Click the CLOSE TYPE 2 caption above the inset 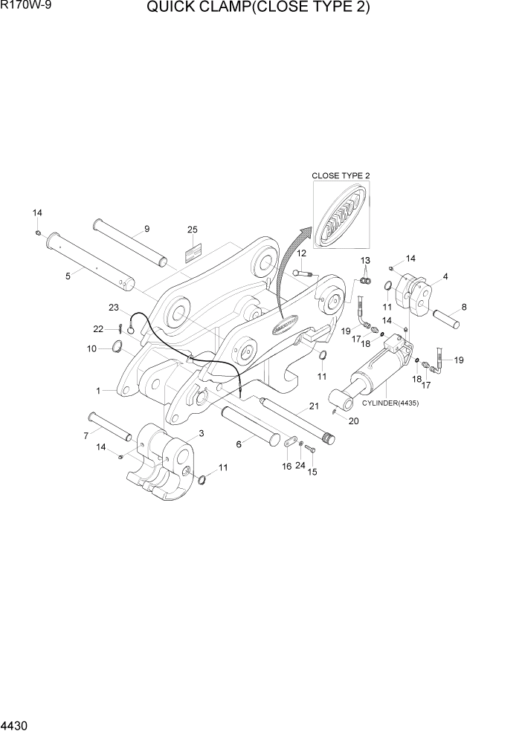click(x=341, y=175)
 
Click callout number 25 click(x=192, y=230)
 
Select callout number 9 click(x=146, y=228)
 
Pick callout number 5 click(x=68, y=276)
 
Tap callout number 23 click(x=114, y=307)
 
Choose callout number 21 click(x=314, y=406)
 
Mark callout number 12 click(x=302, y=253)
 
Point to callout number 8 click(x=464, y=306)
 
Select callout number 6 click(x=239, y=444)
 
